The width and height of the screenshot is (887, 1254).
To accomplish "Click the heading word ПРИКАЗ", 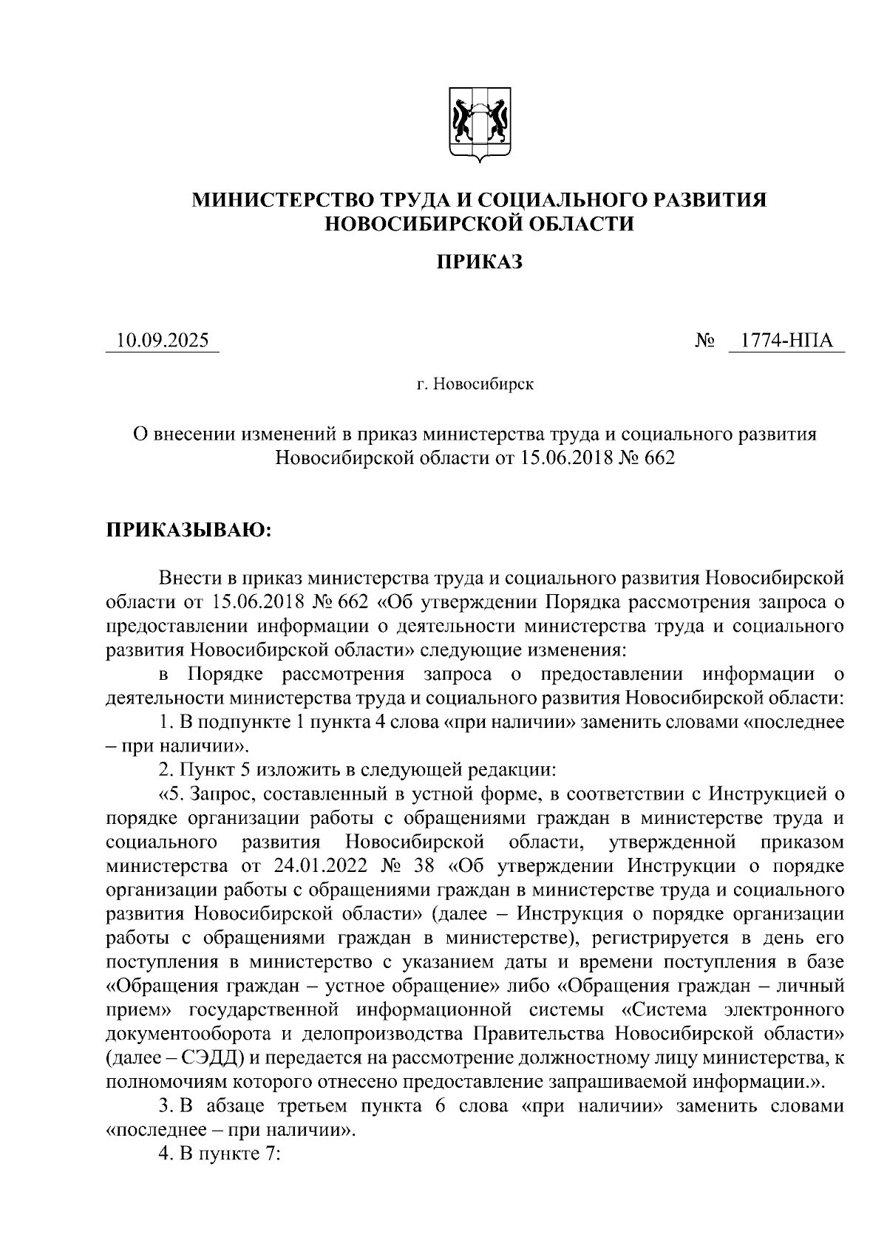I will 479,262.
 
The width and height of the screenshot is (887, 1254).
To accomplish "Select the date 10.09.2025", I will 163,341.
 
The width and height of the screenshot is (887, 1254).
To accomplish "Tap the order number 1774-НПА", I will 786,341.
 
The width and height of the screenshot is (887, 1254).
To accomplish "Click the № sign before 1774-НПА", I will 705,341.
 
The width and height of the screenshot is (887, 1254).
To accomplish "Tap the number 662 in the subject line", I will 660,458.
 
